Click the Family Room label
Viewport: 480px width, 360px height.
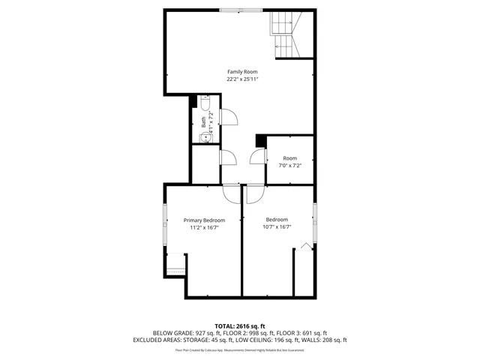tap(242, 71)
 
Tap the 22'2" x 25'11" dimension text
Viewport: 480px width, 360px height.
tap(242, 79)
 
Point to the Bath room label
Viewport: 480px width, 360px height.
tap(203, 121)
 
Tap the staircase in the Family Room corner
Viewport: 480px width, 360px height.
tap(284, 36)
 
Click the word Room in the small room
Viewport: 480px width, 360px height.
tap(289, 158)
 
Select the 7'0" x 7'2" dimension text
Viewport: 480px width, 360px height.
tap(289, 166)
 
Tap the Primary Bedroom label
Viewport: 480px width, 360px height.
tap(204, 220)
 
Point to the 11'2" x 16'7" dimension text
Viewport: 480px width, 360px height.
tap(204, 227)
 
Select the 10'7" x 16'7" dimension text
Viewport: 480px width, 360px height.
tap(277, 227)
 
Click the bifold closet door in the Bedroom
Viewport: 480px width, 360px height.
tap(305, 247)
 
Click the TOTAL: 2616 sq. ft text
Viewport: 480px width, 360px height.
tap(239, 326)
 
